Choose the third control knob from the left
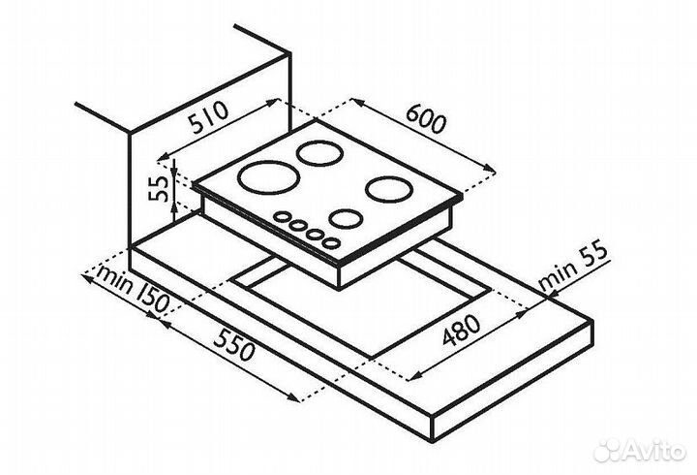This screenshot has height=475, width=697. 315,234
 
